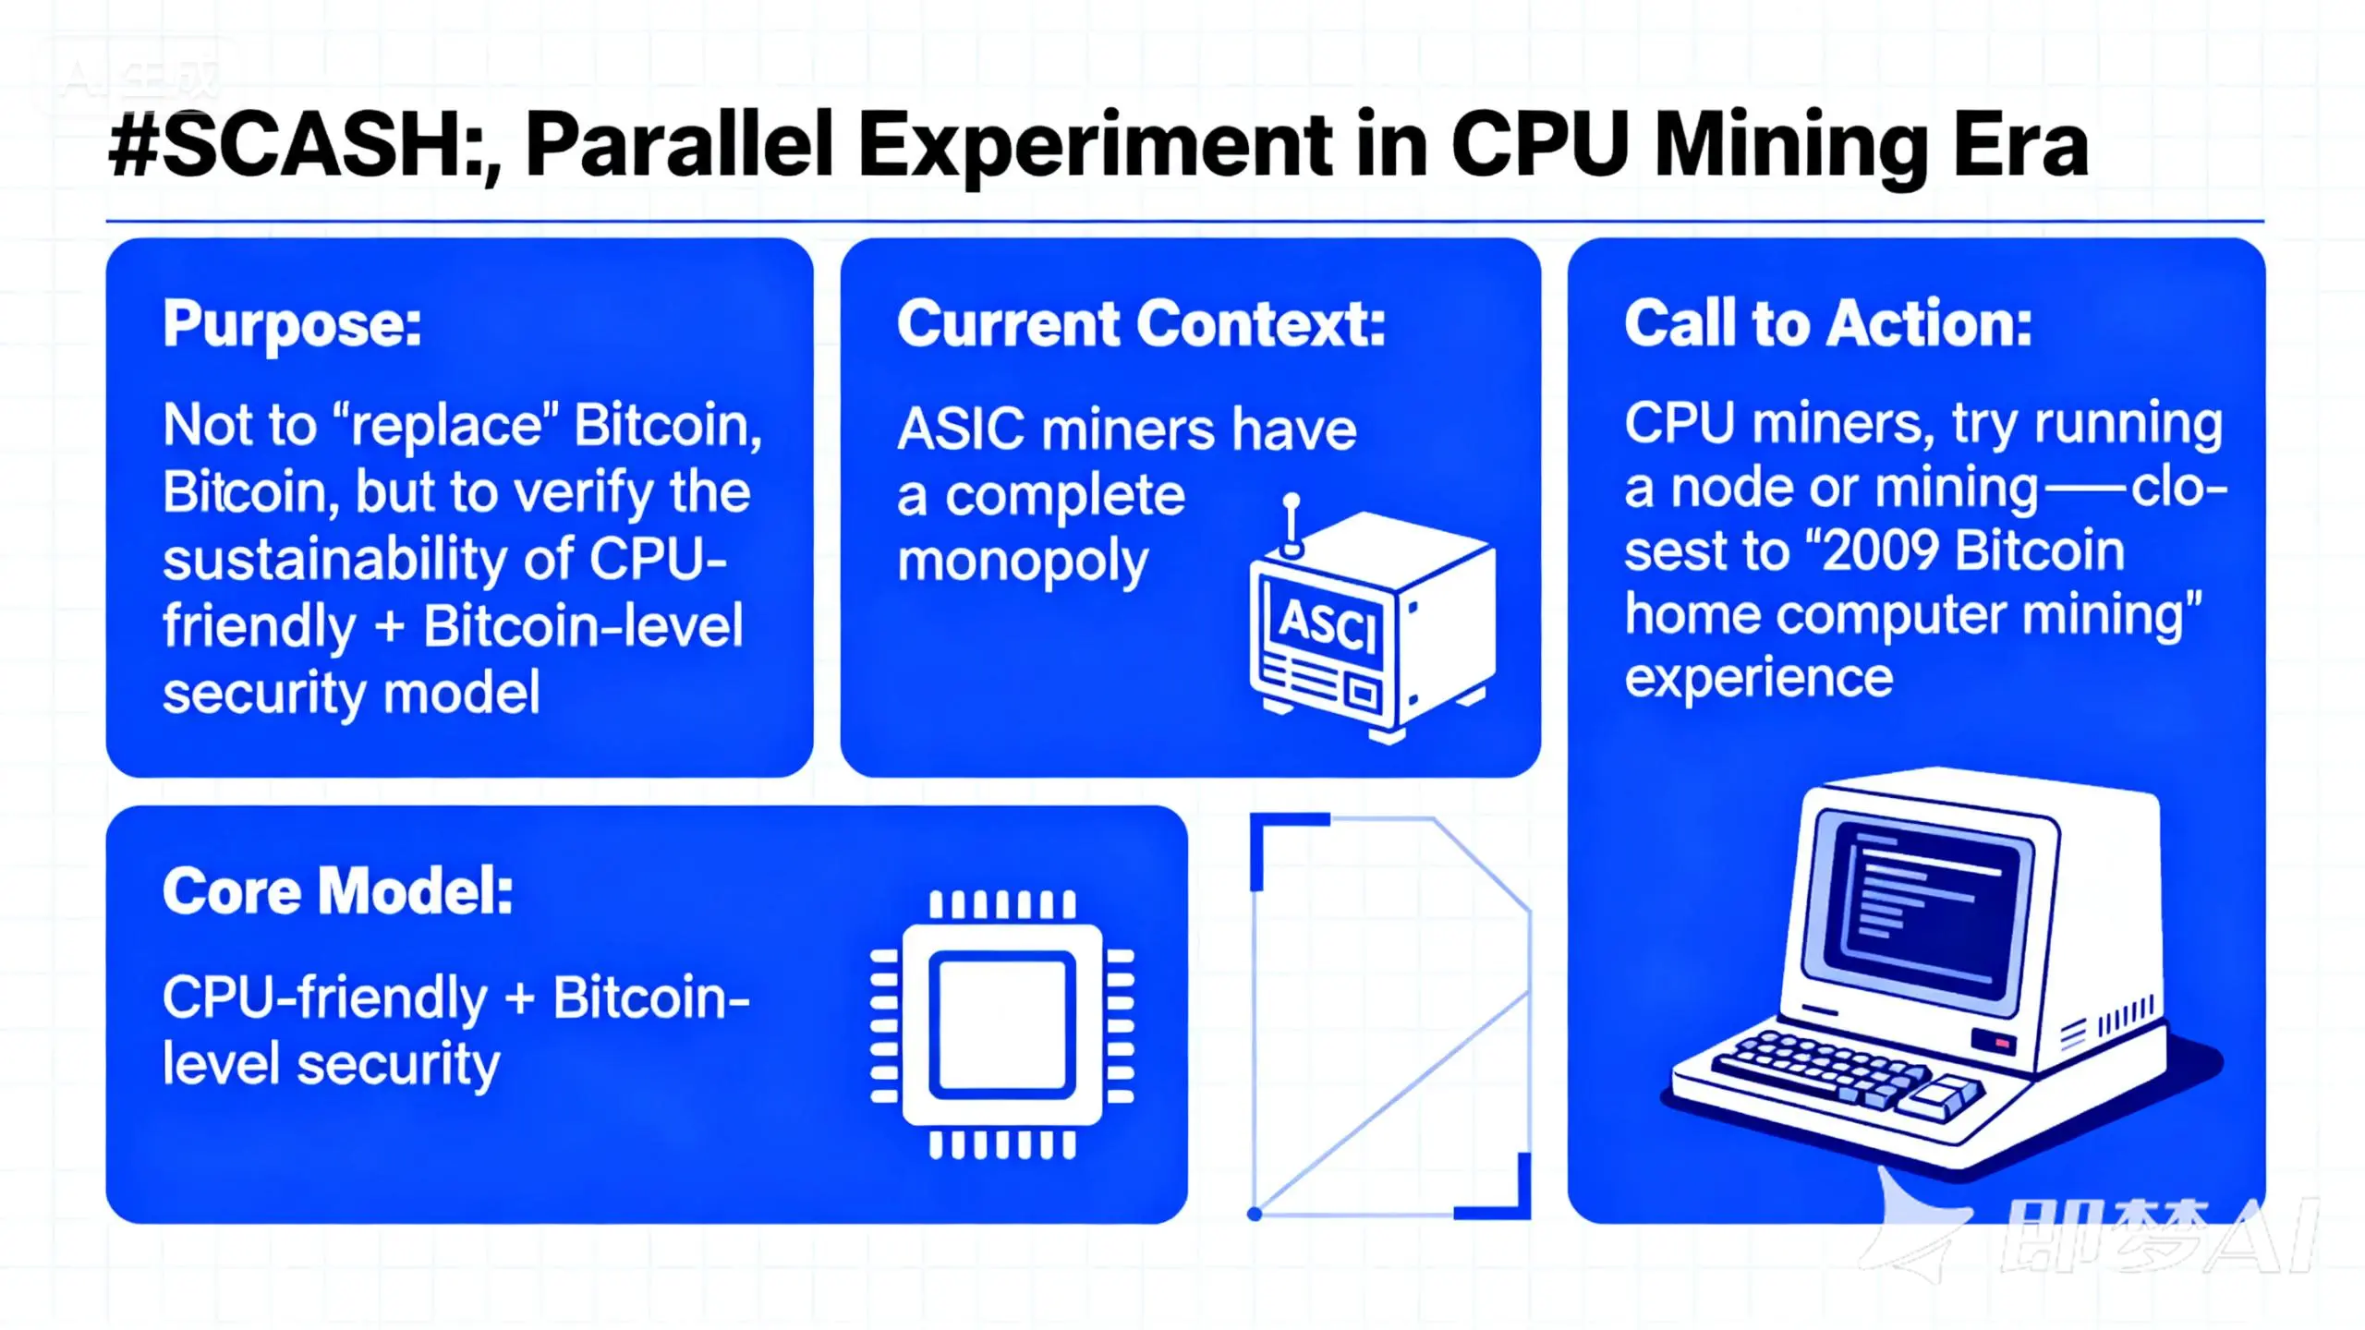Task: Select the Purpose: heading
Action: [292, 326]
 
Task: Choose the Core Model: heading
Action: [337, 891]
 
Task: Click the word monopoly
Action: [1023, 562]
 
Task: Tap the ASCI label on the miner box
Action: [1327, 623]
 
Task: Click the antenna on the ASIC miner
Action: [1292, 524]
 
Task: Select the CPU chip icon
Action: [1002, 1024]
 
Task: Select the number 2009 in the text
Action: [1879, 551]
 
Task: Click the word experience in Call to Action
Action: [1759, 679]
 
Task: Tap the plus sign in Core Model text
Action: [519, 999]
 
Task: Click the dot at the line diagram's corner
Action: [1255, 1214]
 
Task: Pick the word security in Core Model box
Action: [397, 1066]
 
